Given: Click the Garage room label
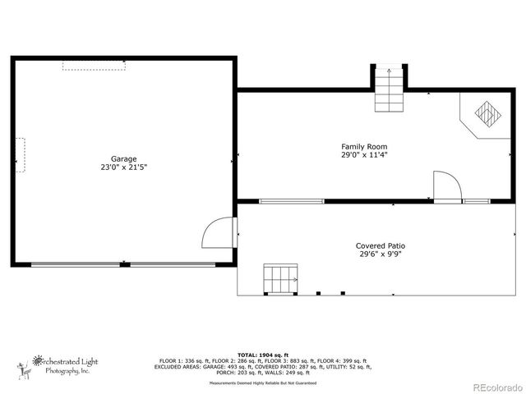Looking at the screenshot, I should click(124, 158).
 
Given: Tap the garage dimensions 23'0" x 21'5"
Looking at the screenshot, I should click(124, 167).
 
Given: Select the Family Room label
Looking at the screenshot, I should click(364, 146).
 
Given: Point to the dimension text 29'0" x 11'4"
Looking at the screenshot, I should click(364, 154).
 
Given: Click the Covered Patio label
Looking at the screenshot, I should click(380, 245).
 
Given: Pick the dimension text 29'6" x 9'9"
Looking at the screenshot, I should click(380, 254).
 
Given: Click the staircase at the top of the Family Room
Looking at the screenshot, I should click(390, 89).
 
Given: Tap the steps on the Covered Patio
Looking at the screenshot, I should click(279, 278).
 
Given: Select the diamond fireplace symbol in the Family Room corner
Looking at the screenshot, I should click(486, 112).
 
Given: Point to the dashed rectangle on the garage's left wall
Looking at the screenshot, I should click(20, 154).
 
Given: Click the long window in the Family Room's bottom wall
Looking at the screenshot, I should click(292, 201).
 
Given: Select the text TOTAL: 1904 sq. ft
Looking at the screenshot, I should click(262, 354).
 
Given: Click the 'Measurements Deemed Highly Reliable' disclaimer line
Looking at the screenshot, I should click(262, 383).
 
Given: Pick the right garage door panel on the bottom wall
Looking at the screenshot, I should click(174, 264).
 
